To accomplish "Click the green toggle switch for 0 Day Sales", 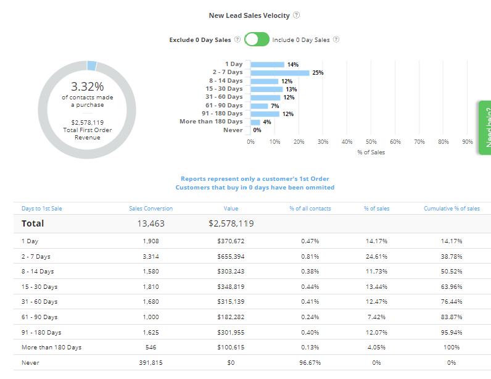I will pyautogui.click(x=257, y=40).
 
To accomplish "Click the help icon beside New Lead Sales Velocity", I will pyautogui.click(x=296, y=15).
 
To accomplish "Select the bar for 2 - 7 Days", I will pyautogui.click(x=279, y=72).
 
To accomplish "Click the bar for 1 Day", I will pyautogui.click(x=267, y=64).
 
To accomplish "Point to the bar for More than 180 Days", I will pyautogui.click(x=255, y=122).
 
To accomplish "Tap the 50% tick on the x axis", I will pyautogui.click(x=371, y=141).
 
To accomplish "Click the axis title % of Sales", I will pyautogui.click(x=371, y=152).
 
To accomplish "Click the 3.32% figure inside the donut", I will pyautogui.click(x=87, y=86).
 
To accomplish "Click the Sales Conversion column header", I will pyautogui.click(x=151, y=209).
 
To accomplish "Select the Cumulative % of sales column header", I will pyautogui.click(x=452, y=209).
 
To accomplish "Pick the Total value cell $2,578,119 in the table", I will pyautogui.click(x=231, y=223).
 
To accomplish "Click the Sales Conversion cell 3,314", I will pyautogui.click(x=150, y=256).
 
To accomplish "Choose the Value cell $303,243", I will pyautogui.click(x=231, y=272).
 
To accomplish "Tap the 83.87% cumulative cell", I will pyautogui.click(x=452, y=317).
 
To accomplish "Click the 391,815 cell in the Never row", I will pyautogui.click(x=150, y=363).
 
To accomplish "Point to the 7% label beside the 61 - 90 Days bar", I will pyautogui.click(x=274, y=106).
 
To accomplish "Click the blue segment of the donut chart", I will pyautogui.click(x=91, y=65).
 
